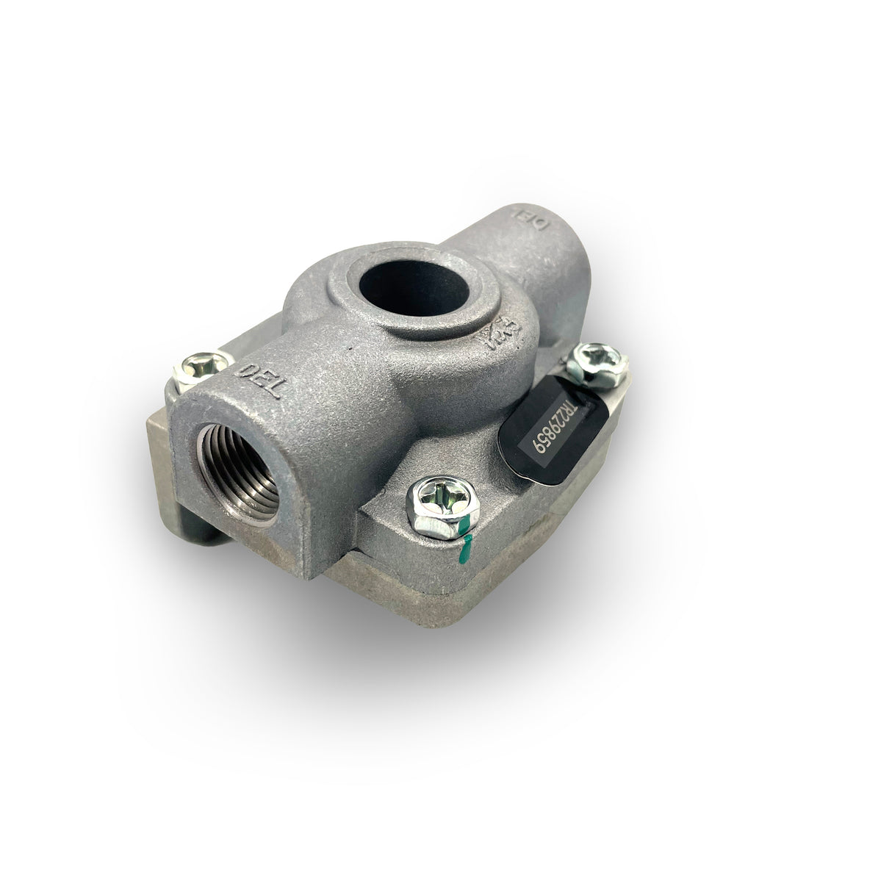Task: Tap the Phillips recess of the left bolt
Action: [x=199, y=363]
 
